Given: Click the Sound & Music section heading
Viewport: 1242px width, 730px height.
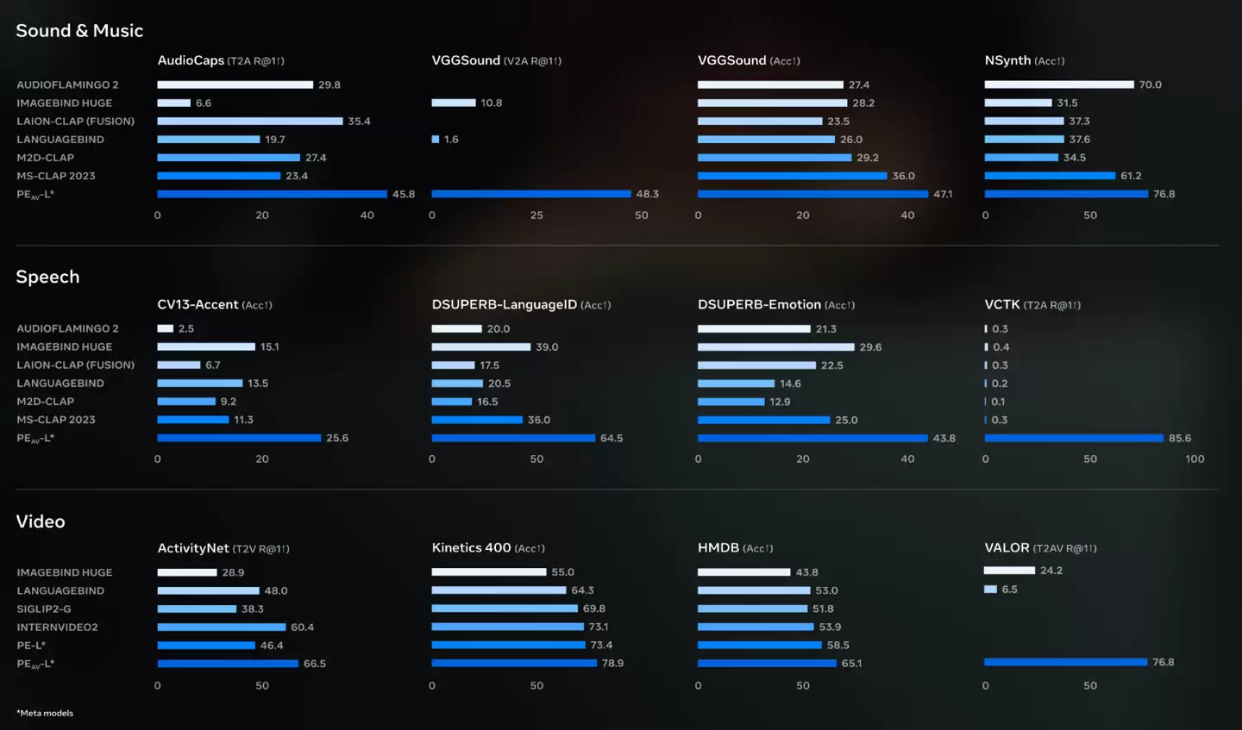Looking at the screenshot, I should click(x=79, y=31).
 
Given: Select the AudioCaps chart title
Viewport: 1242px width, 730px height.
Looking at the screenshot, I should click(x=191, y=60).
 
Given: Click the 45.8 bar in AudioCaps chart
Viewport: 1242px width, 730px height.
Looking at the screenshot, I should click(x=272, y=194).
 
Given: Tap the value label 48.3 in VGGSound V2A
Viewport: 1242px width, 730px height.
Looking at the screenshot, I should click(x=647, y=194).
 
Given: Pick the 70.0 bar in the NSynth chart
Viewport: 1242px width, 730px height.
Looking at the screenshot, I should click(x=1058, y=84).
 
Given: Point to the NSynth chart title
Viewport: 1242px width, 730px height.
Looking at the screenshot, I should click(x=1007, y=60).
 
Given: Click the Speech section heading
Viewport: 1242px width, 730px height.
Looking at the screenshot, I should click(x=47, y=277).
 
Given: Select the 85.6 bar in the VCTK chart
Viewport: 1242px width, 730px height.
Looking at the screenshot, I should click(x=1074, y=438).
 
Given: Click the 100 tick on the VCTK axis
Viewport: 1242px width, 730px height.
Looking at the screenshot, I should click(x=1195, y=459).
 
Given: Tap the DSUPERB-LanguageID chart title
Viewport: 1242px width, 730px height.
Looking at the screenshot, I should click(x=504, y=304).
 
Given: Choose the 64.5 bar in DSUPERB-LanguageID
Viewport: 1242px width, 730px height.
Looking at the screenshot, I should click(x=513, y=438).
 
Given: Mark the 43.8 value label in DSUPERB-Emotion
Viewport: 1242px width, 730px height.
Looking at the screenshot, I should click(x=944, y=438).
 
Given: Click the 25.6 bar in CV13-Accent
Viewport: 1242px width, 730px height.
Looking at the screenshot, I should click(x=239, y=438).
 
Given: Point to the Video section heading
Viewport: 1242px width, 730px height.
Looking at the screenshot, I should click(x=41, y=521).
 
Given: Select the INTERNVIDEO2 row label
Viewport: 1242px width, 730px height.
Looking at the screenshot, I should click(x=57, y=627).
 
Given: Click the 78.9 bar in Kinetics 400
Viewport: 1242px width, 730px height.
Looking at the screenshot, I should click(x=514, y=663).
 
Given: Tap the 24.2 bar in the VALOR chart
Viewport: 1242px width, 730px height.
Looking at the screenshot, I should click(x=1009, y=571).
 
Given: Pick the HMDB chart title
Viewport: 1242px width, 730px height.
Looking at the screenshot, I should click(x=718, y=548).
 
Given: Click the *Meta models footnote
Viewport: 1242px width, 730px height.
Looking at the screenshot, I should click(x=45, y=713).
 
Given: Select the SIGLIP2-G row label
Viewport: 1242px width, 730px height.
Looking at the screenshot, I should click(x=44, y=608).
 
